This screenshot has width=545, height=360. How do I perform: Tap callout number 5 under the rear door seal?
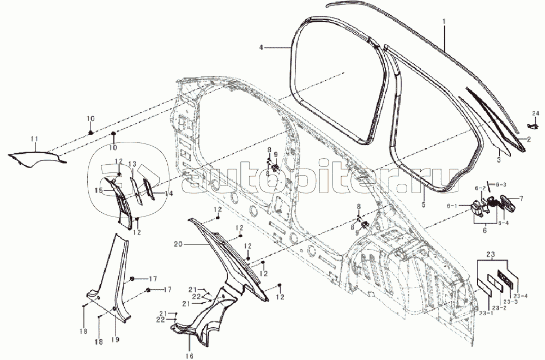[423, 206]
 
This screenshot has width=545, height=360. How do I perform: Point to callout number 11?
[34, 140]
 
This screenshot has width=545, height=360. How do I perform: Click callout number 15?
[98, 190]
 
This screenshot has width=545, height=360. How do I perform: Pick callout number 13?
[132, 164]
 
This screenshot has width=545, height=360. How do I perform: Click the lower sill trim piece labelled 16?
[199, 322]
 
